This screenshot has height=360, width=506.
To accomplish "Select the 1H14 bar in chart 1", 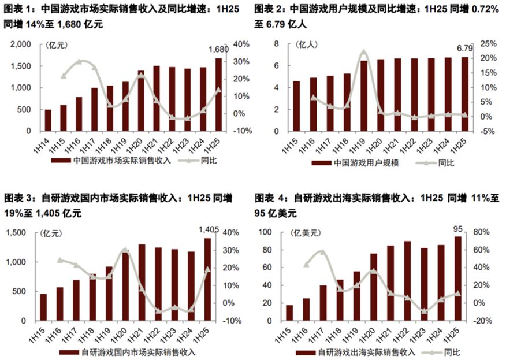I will coord(48,120).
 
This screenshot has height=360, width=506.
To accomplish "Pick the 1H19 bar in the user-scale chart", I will coord(364,95).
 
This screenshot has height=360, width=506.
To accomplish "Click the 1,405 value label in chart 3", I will coord(208,230).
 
